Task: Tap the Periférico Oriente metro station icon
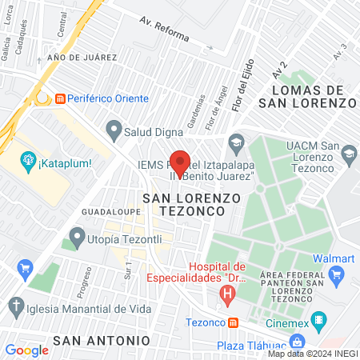[x=60, y=98]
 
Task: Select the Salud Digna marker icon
[x=114, y=128]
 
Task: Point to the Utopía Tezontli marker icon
[x=78, y=237]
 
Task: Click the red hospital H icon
[x=229, y=295]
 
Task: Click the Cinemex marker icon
[x=318, y=322]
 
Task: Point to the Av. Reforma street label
[x=164, y=30]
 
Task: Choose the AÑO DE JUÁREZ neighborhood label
[x=82, y=58]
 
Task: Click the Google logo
[x=26, y=350]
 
